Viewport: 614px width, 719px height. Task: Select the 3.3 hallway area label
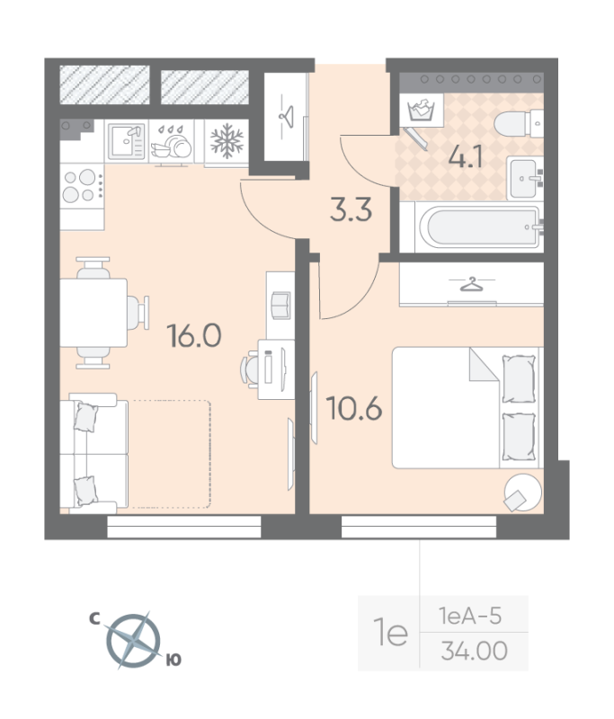click(x=351, y=212)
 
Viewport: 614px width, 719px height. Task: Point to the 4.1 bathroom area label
click(x=467, y=158)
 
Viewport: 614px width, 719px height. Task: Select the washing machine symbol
click(x=420, y=111)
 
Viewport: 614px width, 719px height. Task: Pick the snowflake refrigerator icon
click(x=226, y=142)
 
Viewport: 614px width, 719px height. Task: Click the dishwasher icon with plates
click(x=174, y=143)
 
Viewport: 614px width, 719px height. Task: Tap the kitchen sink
click(x=126, y=142)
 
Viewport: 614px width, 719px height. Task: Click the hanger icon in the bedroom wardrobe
click(x=471, y=285)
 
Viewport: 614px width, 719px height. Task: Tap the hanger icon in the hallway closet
click(x=287, y=116)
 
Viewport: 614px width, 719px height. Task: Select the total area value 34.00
click(x=474, y=650)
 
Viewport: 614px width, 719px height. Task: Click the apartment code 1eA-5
click(x=472, y=617)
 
